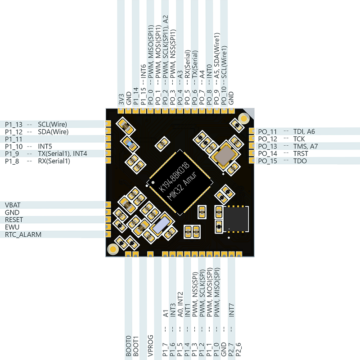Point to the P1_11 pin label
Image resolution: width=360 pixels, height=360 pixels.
(x=13, y=139)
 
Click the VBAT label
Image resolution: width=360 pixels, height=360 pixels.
(x=13, y=205)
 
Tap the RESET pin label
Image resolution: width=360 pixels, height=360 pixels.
(x=14, y=220)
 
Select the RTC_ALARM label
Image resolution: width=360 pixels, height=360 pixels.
(x=23, y=234)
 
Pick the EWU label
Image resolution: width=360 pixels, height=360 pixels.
(x=12, y=227)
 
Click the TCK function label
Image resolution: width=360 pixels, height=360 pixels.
(x=299, y=139)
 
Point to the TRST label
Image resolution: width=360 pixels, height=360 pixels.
(x=301, y=153)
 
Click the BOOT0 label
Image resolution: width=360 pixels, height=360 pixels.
(x=128, y=346)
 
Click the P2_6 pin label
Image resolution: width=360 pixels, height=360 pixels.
(x=238, y=350)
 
